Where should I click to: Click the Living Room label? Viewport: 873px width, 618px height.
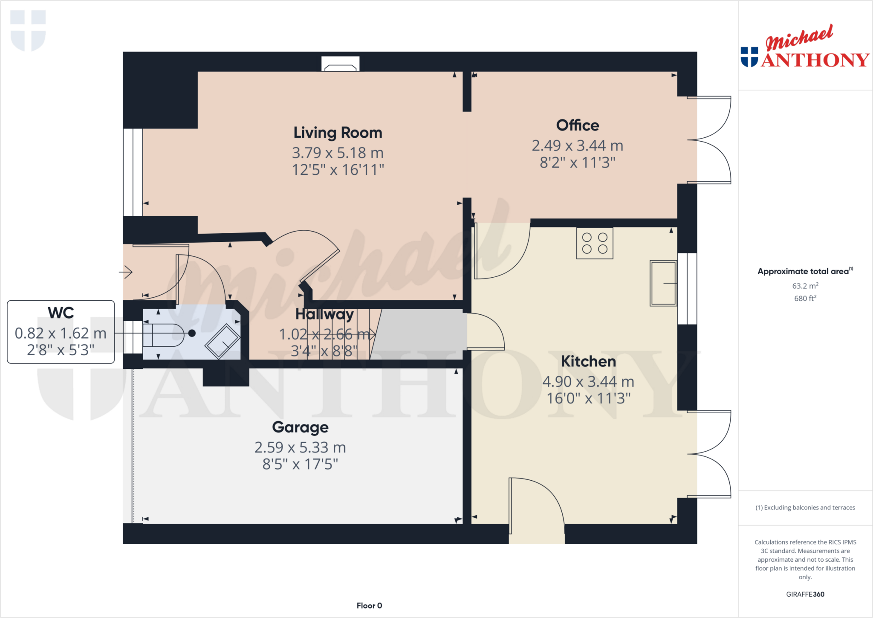[x=338, y=133]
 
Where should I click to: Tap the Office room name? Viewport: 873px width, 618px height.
[x=577, y=125]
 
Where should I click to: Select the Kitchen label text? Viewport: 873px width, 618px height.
[x=588, y=362]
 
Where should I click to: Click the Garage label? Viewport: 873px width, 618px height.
[x=300, y=427]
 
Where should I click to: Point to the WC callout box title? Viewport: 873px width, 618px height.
[x=61, y=313]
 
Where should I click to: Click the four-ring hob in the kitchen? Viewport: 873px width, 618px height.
[x=595, y=244]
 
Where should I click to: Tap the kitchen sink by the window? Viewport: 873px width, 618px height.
[x=663, y=283]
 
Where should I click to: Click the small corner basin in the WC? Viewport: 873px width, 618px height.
[x=223, y=342]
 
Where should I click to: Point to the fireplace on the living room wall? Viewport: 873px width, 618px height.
[x=340, y=65]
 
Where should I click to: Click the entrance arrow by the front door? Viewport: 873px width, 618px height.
[x=126, y=272]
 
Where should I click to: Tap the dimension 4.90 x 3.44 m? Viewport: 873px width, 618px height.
[x=588, y=382]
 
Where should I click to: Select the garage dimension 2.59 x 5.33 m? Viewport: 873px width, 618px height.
[x=300, y=447]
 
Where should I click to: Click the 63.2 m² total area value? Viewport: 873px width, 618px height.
[x=805, y=286]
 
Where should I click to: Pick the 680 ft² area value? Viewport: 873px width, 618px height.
[x=805, y=298]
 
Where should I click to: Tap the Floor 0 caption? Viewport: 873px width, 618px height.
[x=369, y=606]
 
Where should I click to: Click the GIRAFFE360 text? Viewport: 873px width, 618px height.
[x=805, y=594]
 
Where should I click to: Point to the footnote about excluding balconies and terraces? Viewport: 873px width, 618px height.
[x=805, y=508]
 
